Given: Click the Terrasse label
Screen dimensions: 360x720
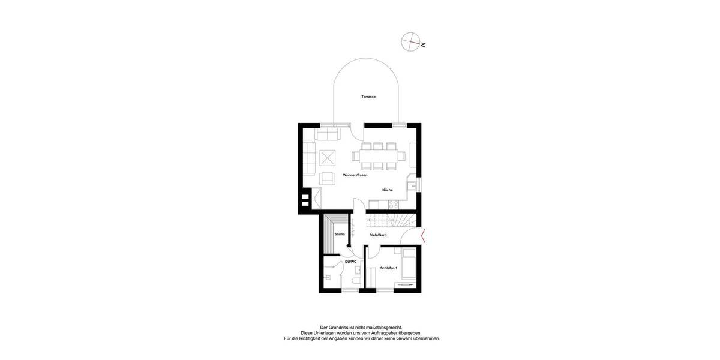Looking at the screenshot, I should [368, 97].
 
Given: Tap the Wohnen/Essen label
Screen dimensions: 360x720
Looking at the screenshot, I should [355, 175].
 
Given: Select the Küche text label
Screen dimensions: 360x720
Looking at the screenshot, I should [388, 190].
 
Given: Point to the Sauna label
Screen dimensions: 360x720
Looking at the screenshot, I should [340, 234].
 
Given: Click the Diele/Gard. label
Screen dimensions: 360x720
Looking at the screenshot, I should [379, 235].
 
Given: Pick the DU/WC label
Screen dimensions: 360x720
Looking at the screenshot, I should [350, 262].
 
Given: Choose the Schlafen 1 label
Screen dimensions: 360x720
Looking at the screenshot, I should [389, 268].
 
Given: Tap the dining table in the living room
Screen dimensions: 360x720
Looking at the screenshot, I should [379, 155].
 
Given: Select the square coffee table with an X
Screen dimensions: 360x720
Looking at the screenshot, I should [327, 158].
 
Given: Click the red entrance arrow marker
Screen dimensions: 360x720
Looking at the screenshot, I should [424, 236].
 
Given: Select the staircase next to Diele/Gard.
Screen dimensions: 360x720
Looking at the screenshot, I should [393, 221].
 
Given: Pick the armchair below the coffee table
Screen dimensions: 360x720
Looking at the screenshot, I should [327, 178].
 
